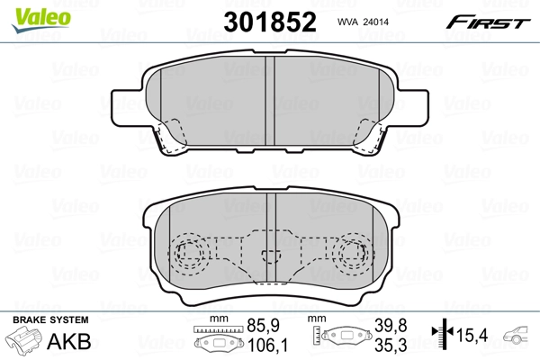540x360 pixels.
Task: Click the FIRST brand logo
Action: click(490, 21)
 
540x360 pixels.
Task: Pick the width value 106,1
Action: click(261, 346)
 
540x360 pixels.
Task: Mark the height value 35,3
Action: click(382, 346)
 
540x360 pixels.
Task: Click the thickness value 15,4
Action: click(473, 336)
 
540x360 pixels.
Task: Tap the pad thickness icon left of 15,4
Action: click(442, 337)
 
